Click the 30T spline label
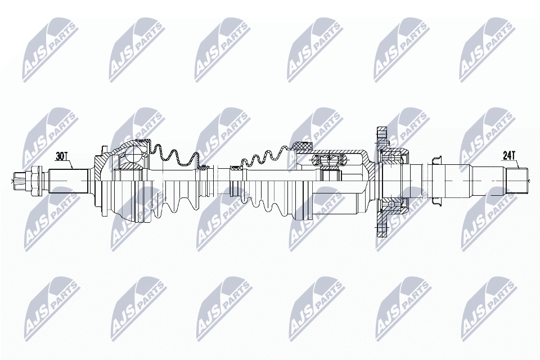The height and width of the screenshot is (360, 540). pyautogui.click(x=62, y=156)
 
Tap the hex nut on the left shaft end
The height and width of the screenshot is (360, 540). pyautogui.click(x=35, y=180)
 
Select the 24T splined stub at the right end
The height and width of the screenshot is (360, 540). pyautogui.click(x=517, y=180)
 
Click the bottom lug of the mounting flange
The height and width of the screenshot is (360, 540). pyautogui.click(x=381, y=228)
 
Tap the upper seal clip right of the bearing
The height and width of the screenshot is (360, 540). pyautogui.click(x=435, y=161)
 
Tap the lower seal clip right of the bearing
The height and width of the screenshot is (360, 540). pyautogui.click(x=435, y=199)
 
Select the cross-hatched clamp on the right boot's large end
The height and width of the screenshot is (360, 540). pyautogui.click(x=303, y=147)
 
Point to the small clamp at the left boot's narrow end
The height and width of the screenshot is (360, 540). pyautogui.click(x=206, y=167)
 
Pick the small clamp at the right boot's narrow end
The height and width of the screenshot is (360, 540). pyautogui.click(x=233, y=167)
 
